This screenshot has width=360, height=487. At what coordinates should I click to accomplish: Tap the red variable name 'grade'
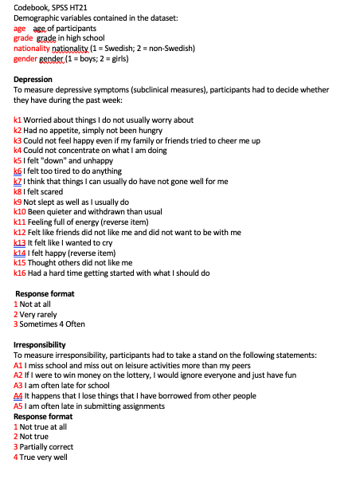click(x=23, y=38)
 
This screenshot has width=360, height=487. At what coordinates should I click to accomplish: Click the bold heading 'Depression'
click(x=33, y=80)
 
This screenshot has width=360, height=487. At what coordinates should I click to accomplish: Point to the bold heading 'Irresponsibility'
click(x=40, y=344)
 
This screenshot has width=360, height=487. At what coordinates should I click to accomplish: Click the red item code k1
click(x=18, y=120)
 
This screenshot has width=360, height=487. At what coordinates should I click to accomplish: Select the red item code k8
click(x=18, y=191)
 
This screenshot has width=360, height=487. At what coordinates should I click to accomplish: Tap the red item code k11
click(x=19, y=222)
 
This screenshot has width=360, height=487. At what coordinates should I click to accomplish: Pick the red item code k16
click(x=19, y=273)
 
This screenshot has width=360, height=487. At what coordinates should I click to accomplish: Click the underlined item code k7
click(x=18, y=181)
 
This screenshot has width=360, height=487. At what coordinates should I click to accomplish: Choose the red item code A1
click(x=18, y=365)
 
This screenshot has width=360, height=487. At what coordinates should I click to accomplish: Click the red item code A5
click(x=18, y=406)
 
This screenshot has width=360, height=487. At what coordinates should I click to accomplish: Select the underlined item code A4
click(x=18, y=395)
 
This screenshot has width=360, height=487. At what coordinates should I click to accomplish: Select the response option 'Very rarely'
click(x=38, y=314)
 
